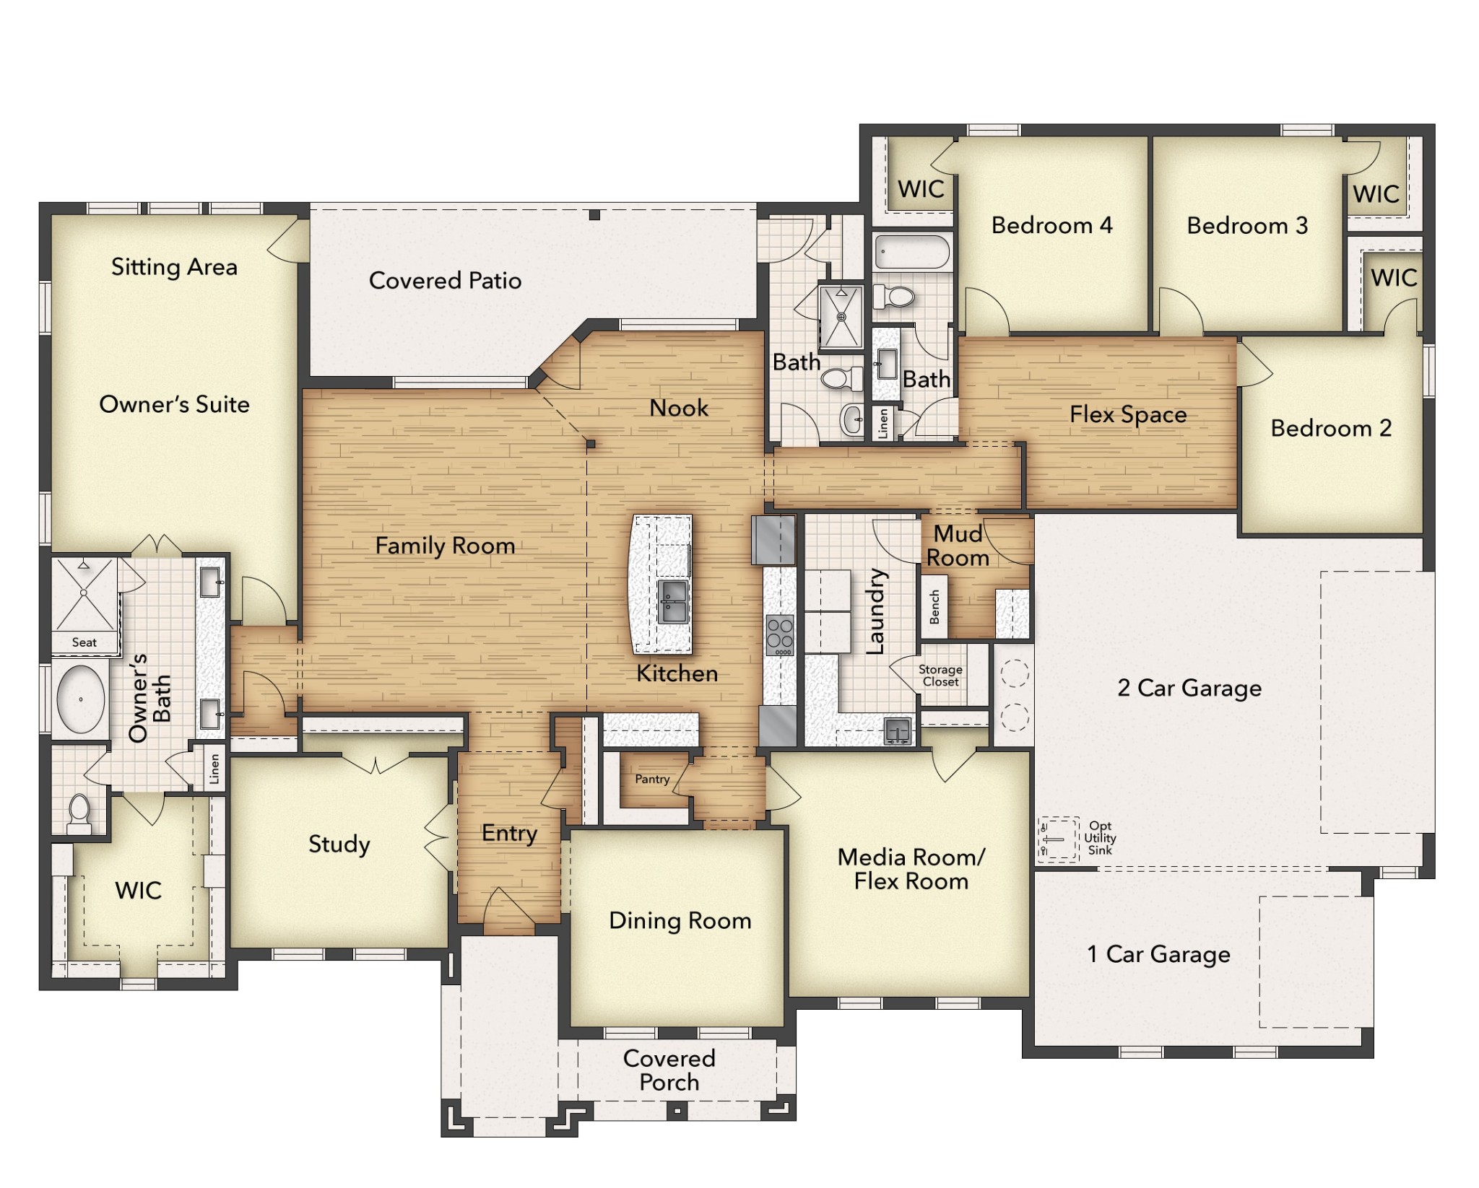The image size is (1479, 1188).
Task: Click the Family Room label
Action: (445, 546)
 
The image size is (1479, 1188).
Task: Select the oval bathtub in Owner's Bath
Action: (80, 699)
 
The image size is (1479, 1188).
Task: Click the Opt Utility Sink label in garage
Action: (1100, 838)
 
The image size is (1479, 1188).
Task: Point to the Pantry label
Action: (651, 779)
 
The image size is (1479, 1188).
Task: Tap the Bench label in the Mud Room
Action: (934, 607)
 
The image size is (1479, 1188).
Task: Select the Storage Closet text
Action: (940, 676)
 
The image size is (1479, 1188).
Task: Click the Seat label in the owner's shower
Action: (84, 642)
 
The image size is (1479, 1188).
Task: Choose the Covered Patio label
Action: (445, 281)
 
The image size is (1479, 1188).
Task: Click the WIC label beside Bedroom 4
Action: (921, 190)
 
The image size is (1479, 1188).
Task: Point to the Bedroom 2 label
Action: (1331, 428)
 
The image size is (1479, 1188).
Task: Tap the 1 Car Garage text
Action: (1158, 954)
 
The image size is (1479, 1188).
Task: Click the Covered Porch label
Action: (669, 1070)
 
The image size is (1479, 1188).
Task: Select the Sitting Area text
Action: (174, 267)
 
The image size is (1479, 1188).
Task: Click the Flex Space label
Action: (1128, 414)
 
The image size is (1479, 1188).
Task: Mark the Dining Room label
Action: (680, 921)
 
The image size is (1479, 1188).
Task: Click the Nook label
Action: (678, 409)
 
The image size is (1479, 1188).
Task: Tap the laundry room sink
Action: (897, 730)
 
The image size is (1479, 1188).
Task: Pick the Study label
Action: (339, 844)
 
